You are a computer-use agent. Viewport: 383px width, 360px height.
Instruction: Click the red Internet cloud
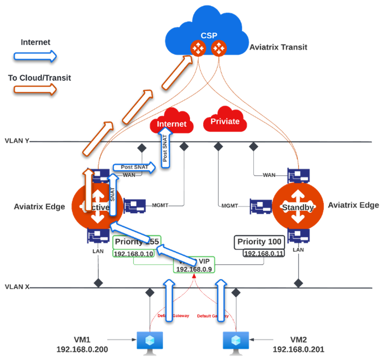click(171, 124)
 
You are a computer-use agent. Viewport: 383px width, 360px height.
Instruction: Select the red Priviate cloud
click(225, 122)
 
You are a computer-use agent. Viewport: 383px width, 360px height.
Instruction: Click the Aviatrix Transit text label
click(278, 47)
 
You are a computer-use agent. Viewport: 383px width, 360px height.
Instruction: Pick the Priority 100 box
click(258, 242)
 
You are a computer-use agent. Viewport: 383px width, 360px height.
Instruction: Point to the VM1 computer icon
click(150, 340)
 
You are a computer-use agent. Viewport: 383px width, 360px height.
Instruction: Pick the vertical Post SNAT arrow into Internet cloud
click(165, 149)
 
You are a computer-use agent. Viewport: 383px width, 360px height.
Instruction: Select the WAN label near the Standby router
click(269, 176)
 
